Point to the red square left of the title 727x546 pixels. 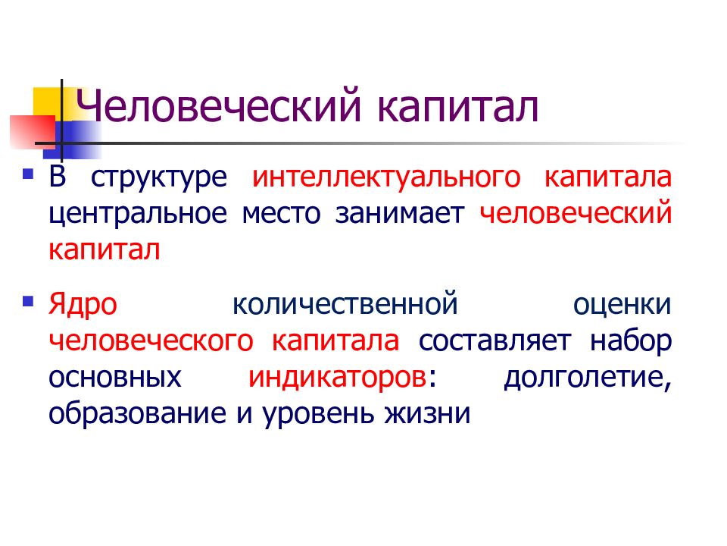tap(29, 130)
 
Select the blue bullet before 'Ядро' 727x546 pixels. tap(28, 301)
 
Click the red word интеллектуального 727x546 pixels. tap(387, 178)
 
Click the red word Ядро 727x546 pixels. tap(83, 305)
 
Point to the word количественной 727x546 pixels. tap(347, 304)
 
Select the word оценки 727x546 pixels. tap(622, 305)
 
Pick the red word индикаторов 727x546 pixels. tap(336, 377)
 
